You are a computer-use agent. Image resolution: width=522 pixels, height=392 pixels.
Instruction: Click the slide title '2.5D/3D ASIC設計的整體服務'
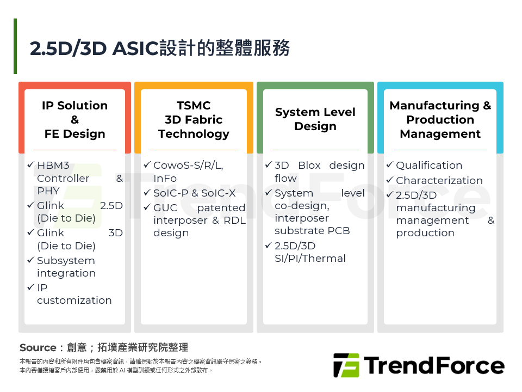(159, 48)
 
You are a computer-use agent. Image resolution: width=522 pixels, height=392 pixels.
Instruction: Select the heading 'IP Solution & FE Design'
(74, 120)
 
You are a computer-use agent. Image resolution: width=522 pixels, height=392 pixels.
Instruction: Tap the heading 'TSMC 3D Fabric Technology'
(194, 120)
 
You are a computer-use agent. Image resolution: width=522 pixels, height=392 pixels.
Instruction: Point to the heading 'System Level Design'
(315, 119)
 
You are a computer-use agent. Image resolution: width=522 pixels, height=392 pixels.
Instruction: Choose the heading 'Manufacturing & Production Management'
(440, 120)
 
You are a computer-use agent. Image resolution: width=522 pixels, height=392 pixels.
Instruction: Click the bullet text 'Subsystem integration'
(66, 267)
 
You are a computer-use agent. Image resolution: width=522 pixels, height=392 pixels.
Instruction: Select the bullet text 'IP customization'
(74, 294)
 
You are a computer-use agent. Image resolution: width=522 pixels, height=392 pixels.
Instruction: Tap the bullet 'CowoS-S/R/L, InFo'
(188, 171)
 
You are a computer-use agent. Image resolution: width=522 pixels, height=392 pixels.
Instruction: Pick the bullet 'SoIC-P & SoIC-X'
(194, 193)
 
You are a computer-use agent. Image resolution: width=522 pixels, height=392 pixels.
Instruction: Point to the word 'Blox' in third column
(309, 166)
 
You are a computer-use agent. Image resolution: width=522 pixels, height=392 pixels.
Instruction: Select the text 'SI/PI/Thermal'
(310, 258)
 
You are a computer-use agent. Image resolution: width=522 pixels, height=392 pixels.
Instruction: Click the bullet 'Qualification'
(428, 166)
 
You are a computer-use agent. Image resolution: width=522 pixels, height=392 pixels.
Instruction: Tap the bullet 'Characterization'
(439, 181)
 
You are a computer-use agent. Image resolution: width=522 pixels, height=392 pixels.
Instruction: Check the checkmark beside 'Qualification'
(389, 165)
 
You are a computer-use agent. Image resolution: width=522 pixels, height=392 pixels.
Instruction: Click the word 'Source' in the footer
(38, 348)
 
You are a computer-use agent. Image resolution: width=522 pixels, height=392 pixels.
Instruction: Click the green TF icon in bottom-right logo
(346, 365)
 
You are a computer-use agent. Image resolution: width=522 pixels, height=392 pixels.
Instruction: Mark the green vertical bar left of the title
(15, 46)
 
